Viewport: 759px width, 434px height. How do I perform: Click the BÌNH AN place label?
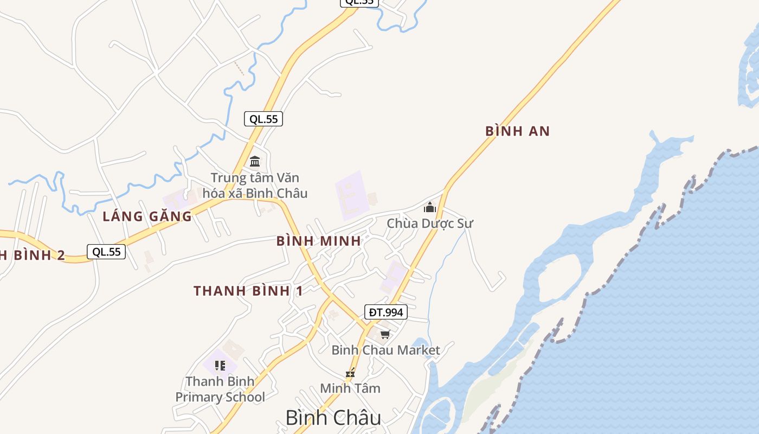coord(517,131)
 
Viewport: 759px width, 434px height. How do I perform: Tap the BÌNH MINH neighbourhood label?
coord(319,241)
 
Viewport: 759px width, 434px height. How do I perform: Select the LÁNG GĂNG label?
coord(147,216)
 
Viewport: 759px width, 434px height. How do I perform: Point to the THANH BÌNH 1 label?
coord(248,291)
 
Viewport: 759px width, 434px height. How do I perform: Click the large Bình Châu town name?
coord(333,418)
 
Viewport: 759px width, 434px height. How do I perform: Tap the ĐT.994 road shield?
coord(386,312)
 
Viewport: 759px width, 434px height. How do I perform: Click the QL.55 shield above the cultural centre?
coord(263,119)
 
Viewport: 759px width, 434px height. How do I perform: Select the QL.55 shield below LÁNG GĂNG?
coord(106,252)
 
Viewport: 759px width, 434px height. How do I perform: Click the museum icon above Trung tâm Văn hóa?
coord(255,162)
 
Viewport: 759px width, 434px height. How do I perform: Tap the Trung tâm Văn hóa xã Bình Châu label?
coord(255,186)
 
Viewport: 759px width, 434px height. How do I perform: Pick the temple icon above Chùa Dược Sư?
coord(430,207)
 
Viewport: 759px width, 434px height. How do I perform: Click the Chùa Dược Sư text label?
coord(430,223)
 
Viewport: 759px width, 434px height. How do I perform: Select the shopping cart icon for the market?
coord(385,334)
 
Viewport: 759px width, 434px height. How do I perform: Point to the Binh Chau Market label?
coord(385,350)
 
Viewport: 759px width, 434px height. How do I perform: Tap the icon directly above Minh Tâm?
coord(351,373)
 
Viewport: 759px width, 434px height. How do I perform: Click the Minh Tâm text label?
coord(350,388)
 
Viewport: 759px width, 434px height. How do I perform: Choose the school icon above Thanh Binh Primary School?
coord(220,365)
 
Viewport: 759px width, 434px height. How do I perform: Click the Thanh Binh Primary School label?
coord(220,390)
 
